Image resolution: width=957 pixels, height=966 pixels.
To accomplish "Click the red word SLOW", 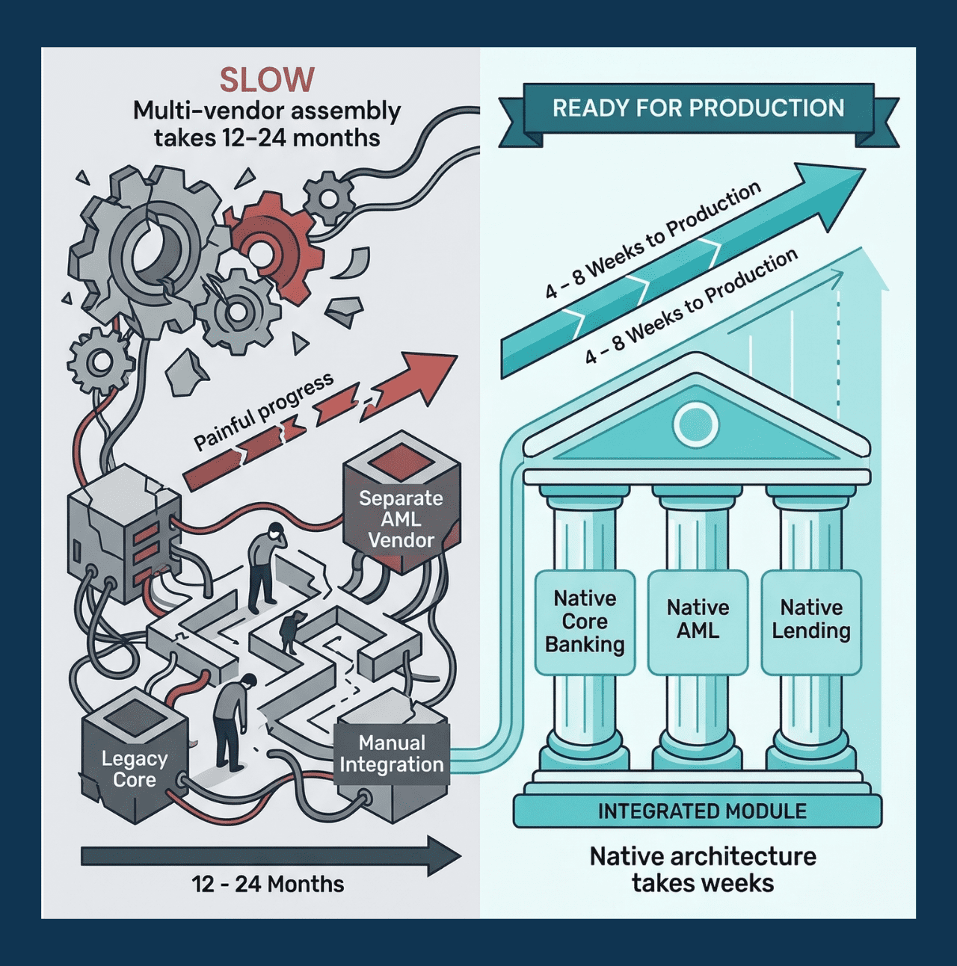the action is tap(267, 79).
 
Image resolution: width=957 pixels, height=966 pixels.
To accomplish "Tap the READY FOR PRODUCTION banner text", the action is tap(698, 108).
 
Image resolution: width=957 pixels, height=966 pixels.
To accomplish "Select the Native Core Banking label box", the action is tap(585, 622).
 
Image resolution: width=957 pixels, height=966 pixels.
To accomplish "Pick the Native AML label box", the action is tap(698, 622).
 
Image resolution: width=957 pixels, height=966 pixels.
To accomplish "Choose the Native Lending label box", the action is tap(811, 622).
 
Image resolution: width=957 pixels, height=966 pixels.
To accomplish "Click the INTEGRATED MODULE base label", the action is tap(702, 811).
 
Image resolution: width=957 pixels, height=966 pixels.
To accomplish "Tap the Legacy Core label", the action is tap(134, 769).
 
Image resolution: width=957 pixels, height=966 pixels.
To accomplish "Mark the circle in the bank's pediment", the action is tap(695, 424).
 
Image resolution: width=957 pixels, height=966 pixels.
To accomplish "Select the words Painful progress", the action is tap(263, 411).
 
